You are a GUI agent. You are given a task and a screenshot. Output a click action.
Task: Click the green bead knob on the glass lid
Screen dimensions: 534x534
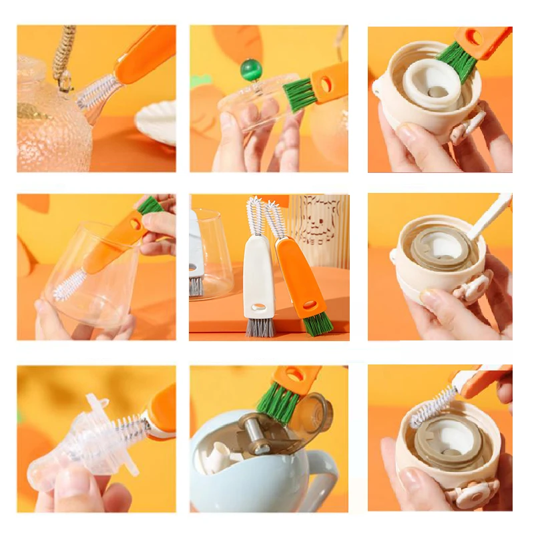(252, 69)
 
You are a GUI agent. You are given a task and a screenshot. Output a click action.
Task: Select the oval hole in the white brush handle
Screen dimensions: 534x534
(255, 308)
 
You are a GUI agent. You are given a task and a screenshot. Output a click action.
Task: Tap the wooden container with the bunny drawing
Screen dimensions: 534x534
(318, 230)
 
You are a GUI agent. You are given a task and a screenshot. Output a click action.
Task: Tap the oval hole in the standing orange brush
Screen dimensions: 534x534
(310, 304)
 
